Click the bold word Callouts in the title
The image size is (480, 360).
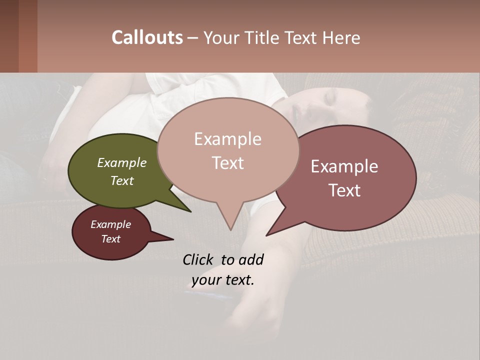pos(147,37)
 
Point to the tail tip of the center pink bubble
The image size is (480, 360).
pos(230,229)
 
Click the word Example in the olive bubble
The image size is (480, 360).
pos(122,162)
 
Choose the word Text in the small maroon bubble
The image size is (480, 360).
pos(110,239)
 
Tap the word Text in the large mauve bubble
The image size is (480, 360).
pos(345,190)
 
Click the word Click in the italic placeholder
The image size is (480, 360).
pos(198,259)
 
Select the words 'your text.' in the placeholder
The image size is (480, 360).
pos(223,280)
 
